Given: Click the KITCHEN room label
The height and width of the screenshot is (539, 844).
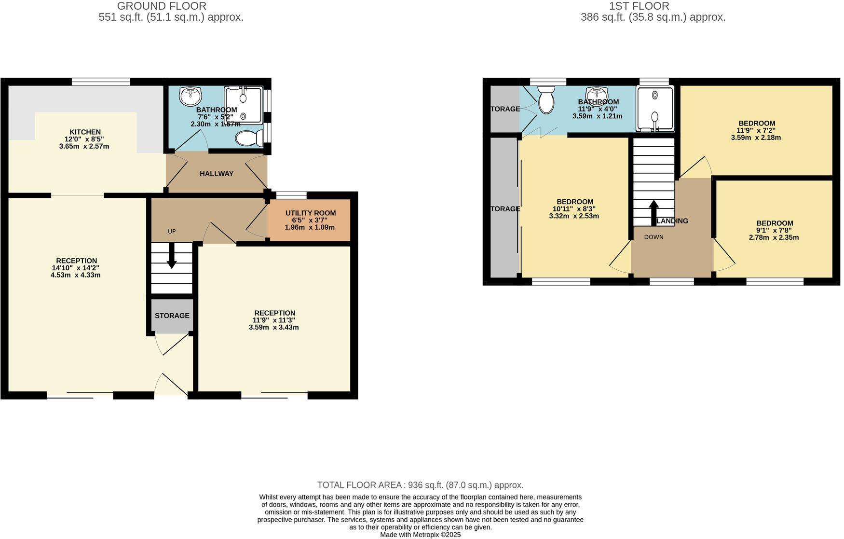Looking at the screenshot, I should pyautogui.click(x=85, y=132).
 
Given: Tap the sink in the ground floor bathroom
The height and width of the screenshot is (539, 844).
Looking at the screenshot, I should pyautogui.click(x=190, y=96).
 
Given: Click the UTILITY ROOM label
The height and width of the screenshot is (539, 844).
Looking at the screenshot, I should pyautogui.click(x=310, y=213).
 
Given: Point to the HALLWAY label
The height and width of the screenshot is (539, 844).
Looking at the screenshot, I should pyautogui.click(x=217, y=174).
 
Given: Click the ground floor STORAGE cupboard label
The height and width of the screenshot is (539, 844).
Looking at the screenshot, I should pyautogui.click(x=172, y=316).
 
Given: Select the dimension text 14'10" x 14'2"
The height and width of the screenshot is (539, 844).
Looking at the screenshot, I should pyautogui.click(x=76, y=268).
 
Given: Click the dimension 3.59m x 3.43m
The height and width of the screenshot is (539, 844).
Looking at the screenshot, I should pyautogui.click(x=273, y=327).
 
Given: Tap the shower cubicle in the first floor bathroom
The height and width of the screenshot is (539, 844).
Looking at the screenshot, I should pyautogui.click(x=654, y=109).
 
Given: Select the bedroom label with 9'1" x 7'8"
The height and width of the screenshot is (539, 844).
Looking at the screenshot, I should pyautogui.click(x=774, y=223).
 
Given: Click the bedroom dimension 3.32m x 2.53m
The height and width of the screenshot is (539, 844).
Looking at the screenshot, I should pyautogui.click(x=574, y=216).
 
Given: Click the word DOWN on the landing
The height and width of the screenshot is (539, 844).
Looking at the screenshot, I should pyautogui.click(x=653, y=237).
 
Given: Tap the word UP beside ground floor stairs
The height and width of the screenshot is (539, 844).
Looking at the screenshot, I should pyautogui.click(x=172, y=232).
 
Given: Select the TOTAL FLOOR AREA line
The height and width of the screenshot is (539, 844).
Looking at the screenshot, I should pyautogui.click(x=420, y=485).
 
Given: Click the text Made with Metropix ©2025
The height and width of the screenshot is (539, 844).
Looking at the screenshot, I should pyautogui.click(x=420, y=535).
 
